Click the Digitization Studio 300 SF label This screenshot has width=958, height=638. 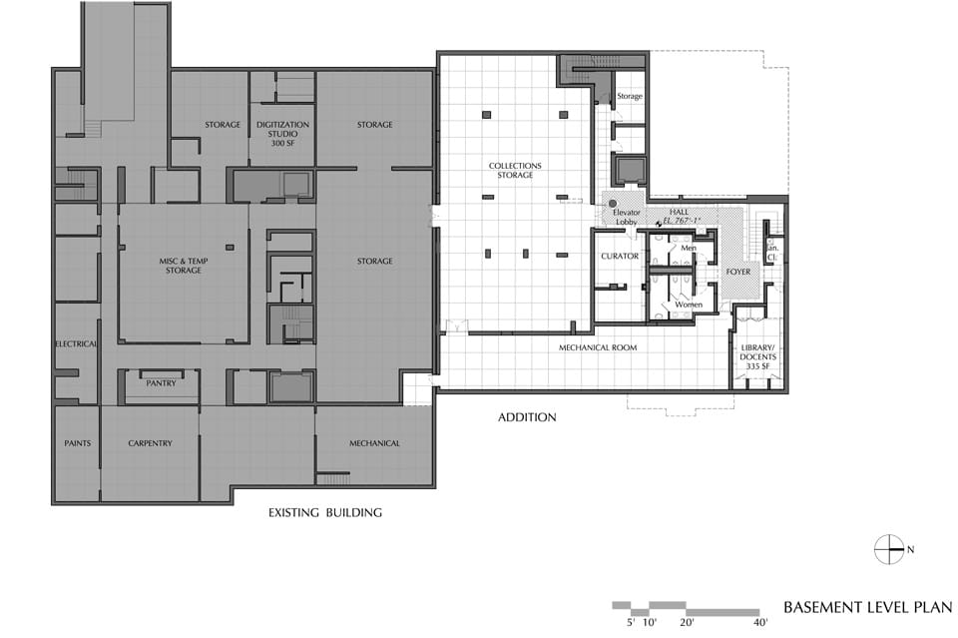point(282,134)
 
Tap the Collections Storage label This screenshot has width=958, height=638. point(515,170)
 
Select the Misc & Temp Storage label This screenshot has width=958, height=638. point(184,266)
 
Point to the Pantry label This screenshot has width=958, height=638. point(161,383)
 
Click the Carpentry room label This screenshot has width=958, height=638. point(151,443)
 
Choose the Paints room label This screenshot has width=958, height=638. point(78,443)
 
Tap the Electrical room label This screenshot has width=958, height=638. point(77,344)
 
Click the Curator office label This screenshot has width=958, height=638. point(620,256)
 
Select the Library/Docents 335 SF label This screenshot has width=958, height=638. point(757,356)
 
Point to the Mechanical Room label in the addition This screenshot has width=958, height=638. point(598,347)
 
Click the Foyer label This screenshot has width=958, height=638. point(738,272)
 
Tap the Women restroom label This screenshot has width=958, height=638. point(689,305)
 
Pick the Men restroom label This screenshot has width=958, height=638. point(689,248)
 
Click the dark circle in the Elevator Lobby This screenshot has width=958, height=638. point(613,204)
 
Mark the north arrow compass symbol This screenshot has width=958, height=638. point(889,549)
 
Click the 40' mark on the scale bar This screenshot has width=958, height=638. point(760,623)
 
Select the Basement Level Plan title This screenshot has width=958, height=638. point(867,607)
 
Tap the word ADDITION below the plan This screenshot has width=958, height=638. point(527,417)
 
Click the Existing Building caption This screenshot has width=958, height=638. point(325,513)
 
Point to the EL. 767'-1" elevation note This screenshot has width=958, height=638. point(682,220)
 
